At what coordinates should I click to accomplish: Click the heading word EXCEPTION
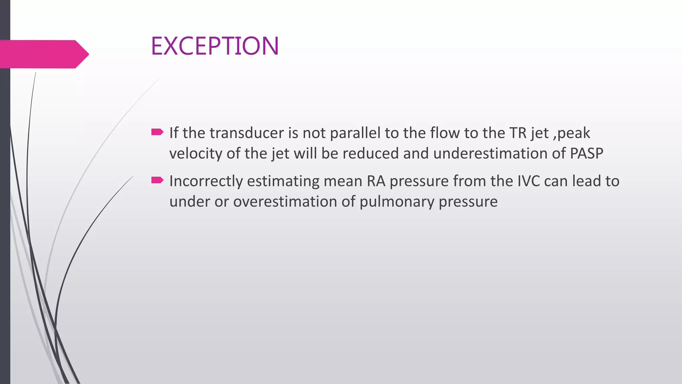pos(215,46)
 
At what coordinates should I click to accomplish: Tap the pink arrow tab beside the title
pos(43,54)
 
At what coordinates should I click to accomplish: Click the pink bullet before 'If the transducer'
pos(157,132)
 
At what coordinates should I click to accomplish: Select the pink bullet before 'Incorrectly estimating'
pos(157,180)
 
